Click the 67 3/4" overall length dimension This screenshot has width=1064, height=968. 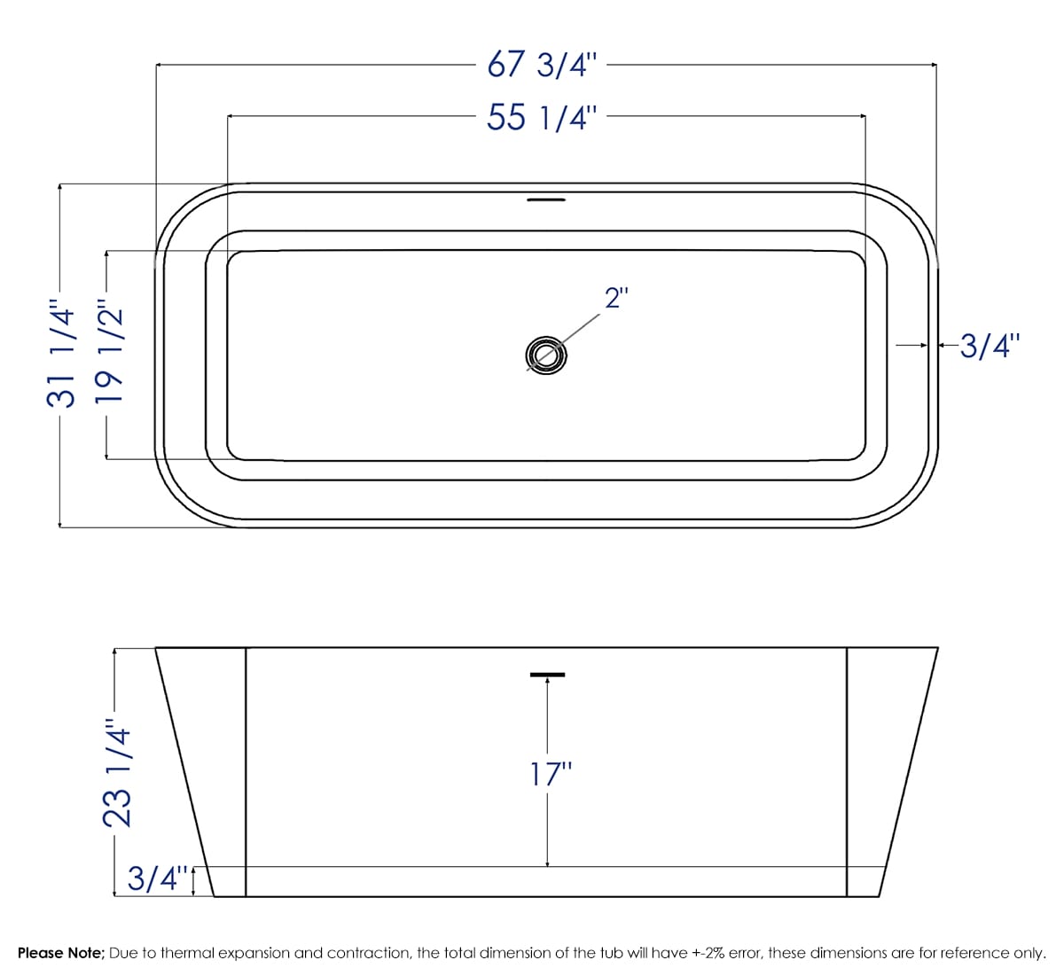tap(544, 66)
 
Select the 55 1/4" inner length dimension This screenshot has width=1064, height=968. tap(544, 117)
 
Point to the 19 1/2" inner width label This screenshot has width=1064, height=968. tap(107, 355)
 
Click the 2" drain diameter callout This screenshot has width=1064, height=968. tap(616, 298)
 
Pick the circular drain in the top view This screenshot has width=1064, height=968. tap(545, 355)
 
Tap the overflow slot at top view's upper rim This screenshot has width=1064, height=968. tap(545, 200)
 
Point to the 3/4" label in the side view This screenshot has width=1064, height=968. tap(158, 879)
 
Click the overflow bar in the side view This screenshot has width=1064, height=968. tap(547, 675)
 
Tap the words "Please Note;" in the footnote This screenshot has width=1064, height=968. tap(60, 953)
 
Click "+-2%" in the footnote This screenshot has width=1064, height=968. tap(708, 953)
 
